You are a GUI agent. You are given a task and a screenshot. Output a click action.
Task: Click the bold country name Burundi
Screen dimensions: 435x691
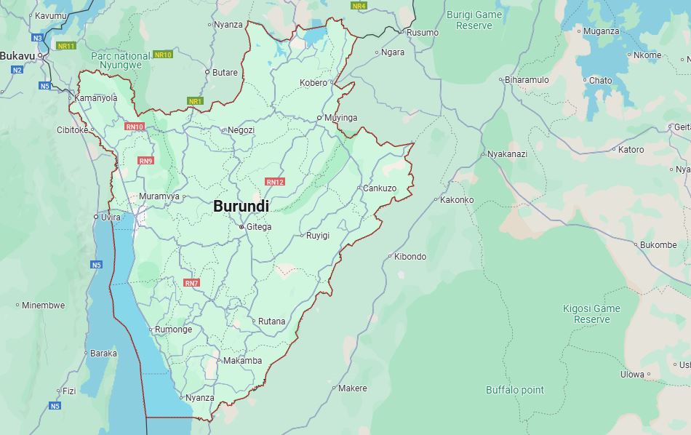click(x=241, y=207)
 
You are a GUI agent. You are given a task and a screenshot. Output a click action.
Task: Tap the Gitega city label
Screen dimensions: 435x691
click(x=259, y=227)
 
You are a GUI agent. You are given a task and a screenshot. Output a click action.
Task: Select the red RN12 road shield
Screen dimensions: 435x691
click(x=275, y=182)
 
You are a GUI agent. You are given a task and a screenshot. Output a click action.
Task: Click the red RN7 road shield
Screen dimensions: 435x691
click(x=191, y=283)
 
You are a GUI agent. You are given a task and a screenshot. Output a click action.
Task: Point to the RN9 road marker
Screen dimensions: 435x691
click(x=145, y=161)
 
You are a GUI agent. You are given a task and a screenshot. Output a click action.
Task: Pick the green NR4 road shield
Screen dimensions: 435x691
click(x=359, y=6)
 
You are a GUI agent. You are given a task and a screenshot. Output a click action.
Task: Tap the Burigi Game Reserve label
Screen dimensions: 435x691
click(x=474, y=20)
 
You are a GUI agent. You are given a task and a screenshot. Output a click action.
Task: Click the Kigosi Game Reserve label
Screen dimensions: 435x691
click(x=591, y=314)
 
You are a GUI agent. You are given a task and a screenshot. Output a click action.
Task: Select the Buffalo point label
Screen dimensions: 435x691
click(x=515, y=390)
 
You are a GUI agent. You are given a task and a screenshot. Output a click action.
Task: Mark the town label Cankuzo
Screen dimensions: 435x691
click(x=380, y=188)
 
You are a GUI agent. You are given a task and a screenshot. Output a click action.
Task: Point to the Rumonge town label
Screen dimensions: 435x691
click(x=174, y=330)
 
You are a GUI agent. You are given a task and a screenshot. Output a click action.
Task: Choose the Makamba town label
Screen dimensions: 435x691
click(x=242, y=361)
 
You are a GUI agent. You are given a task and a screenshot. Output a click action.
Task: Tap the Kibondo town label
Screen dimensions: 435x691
click(x=410, y=257)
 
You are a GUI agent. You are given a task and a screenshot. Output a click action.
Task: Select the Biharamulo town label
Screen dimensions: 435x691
click(x=527, y=80)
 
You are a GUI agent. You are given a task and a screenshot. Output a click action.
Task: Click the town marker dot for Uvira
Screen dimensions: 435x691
click(x=96, y=217)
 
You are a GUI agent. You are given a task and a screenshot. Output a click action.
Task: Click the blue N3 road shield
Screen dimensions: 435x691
click(x=37, y=37)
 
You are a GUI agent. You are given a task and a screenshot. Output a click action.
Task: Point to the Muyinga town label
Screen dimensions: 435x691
click(x=340, y=118)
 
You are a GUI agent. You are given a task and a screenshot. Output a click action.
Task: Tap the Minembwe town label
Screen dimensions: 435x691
click(x=43, y=306)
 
